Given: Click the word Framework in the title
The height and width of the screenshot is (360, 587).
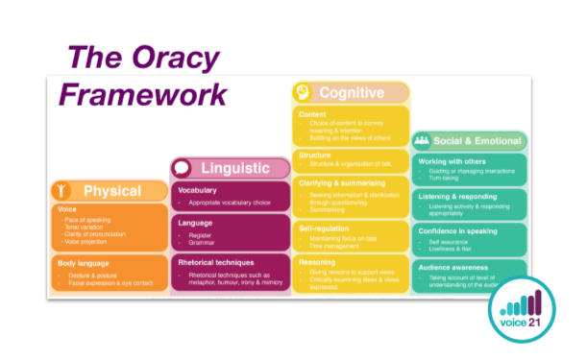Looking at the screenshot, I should click(x=143, y=94).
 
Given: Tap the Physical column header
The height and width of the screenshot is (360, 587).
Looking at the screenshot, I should click(x=112, y=190).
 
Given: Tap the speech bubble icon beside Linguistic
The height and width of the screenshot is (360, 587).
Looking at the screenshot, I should click(x=182, y=168).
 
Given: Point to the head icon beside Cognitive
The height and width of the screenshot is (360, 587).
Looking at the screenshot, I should click(x=303, y=93).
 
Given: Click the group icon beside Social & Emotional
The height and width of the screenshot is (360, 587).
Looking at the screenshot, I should click(x=422, y=140).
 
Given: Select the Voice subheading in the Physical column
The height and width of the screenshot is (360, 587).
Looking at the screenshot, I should click(x=67, y=207).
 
